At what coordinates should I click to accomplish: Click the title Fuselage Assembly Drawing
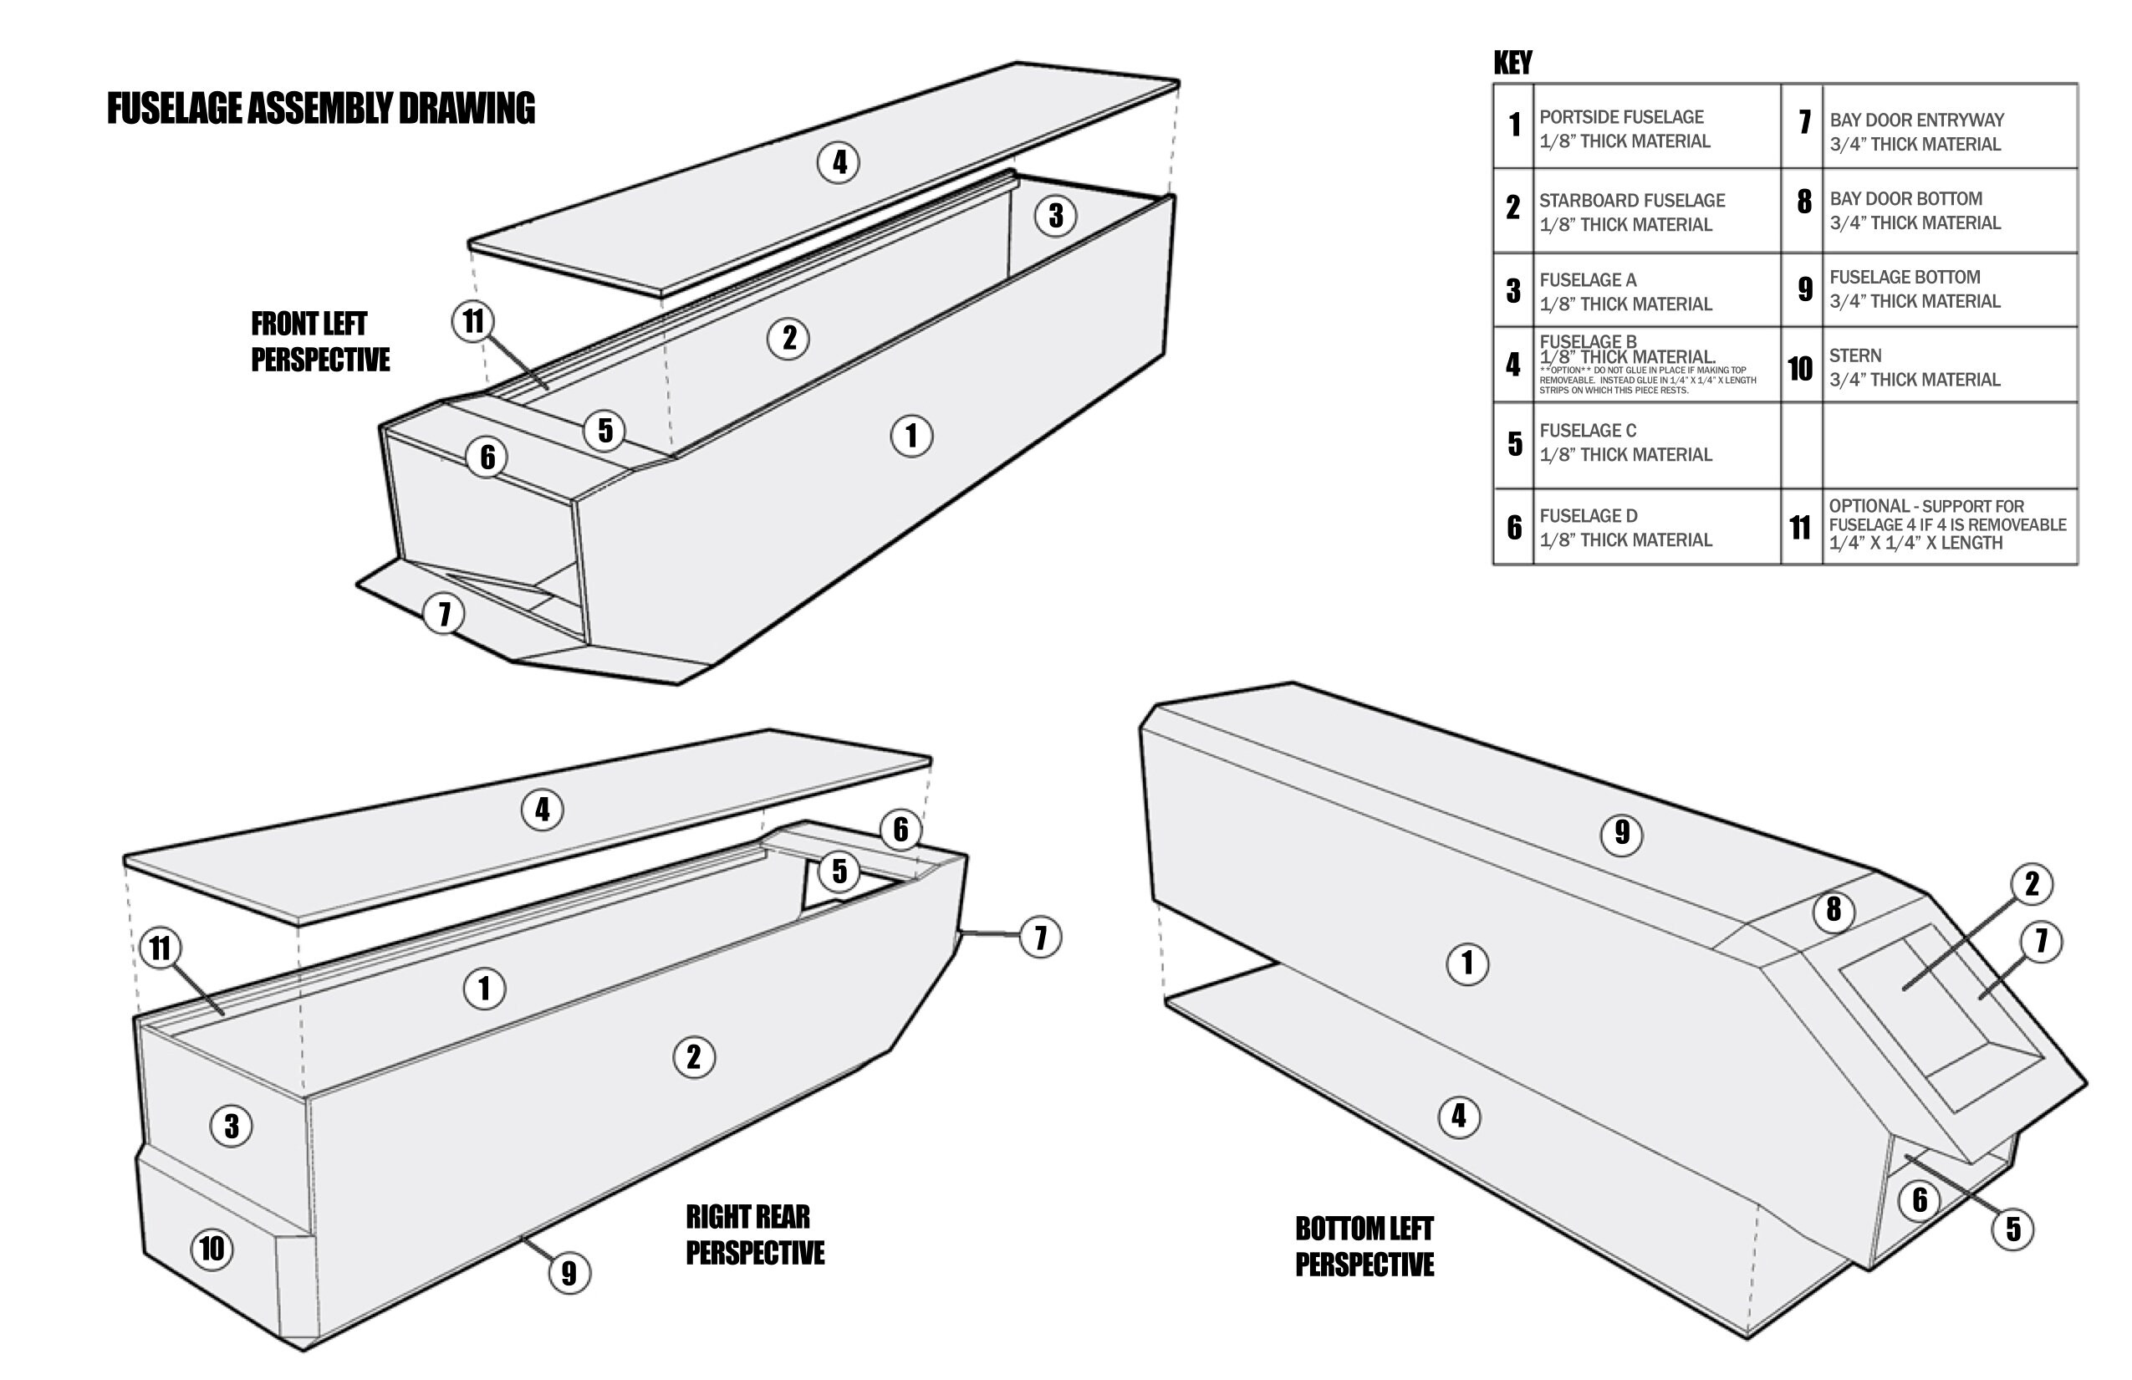pos(321,109)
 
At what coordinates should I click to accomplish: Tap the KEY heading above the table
pos(1512,63)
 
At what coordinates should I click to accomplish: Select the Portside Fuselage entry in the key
pos(1624,129)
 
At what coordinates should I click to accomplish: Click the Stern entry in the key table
pos(1914,367)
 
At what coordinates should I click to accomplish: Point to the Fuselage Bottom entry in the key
pos(1914,289)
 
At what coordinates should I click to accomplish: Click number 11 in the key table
pos(1801,528)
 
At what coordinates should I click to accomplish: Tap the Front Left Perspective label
pos(319,341)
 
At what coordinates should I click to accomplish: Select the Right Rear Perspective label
pos(754,1234)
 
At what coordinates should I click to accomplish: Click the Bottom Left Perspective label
pos(1364,1245)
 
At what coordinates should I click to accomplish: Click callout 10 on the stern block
pos(212,1248)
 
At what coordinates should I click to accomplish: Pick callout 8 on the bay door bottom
pos(1834,911)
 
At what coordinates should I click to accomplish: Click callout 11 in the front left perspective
pos(473,321)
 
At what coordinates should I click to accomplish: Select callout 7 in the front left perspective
pos(443,615)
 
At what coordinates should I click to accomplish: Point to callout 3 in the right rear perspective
pos(231,1126)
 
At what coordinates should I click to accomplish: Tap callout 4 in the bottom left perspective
pos(1458,1117)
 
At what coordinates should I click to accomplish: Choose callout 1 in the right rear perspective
pos(485,989)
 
